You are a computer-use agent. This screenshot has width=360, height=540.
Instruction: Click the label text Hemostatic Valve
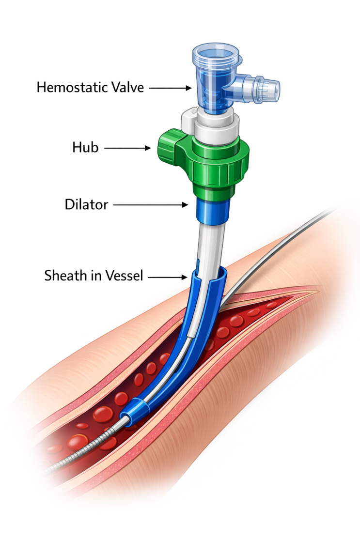point(90,88)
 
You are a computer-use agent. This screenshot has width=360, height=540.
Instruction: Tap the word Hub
point(85,147)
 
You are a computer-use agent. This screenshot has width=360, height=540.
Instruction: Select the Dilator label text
point(86,204)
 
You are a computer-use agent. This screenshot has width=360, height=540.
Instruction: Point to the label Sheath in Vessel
point(94,276)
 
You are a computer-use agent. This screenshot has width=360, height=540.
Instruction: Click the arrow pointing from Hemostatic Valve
point(170,88)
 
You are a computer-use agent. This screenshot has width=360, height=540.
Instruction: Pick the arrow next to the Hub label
point(127,148)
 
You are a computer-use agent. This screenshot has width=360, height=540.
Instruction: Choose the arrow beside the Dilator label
point(151,205)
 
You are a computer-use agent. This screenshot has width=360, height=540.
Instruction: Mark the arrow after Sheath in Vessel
point(168,277)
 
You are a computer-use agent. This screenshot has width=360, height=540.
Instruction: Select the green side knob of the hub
point(169,147)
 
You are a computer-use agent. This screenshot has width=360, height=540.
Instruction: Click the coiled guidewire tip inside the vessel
point(86,451)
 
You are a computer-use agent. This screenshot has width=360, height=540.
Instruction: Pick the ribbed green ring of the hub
point(220,168)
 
